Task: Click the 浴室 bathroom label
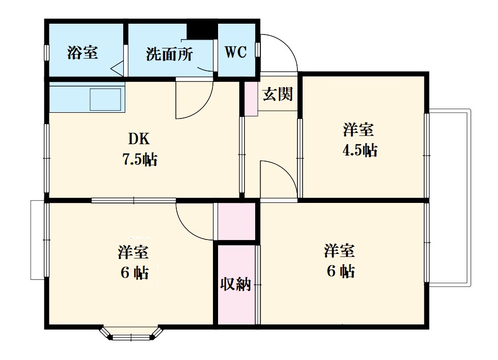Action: point(82,53)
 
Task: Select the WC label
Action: point(236,52)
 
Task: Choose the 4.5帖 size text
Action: point(360,150)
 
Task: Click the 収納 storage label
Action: point(236,284)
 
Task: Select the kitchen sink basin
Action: point(106,99)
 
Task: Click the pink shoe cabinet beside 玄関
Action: point(251,98)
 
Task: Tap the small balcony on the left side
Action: point(38,239)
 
